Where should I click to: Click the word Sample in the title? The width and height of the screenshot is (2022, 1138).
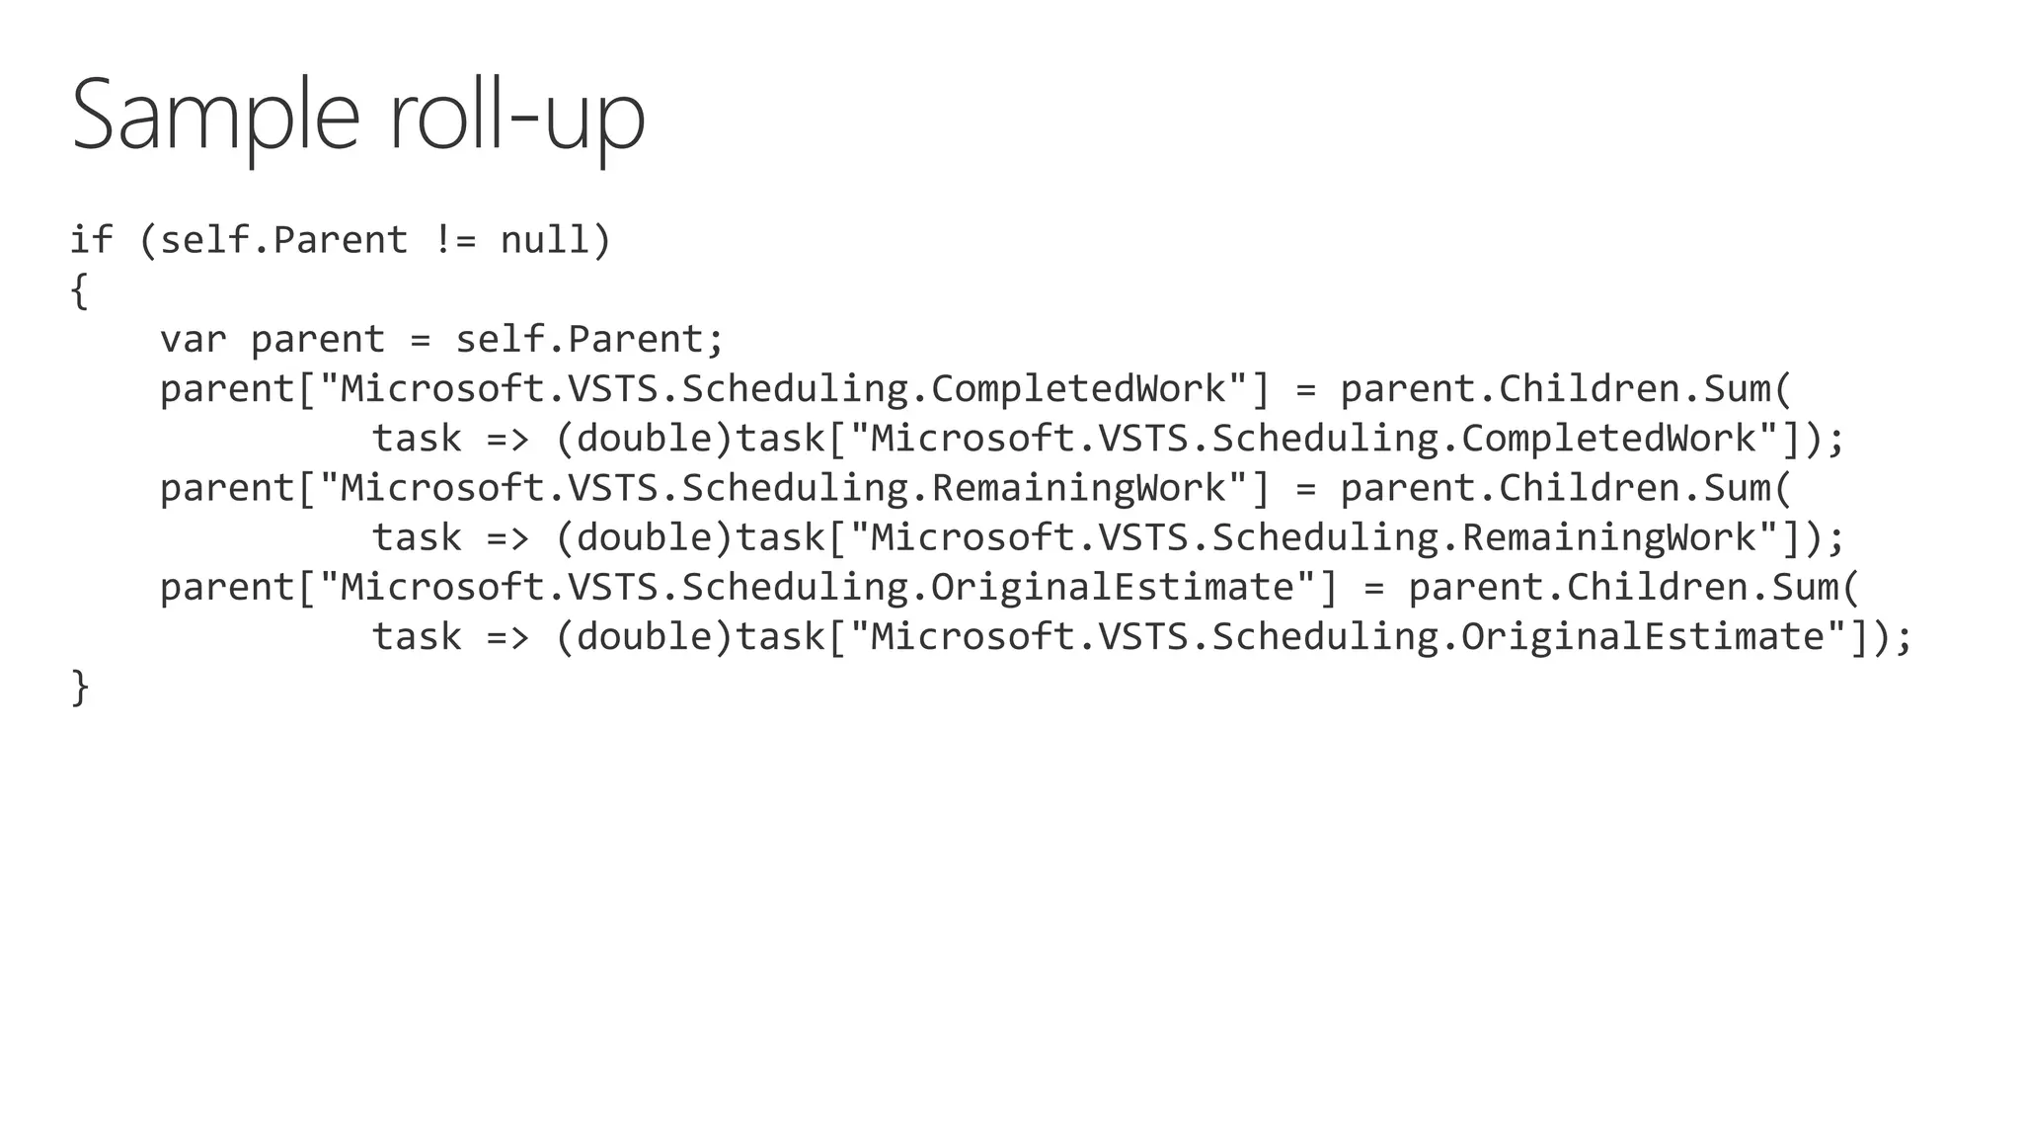tap(215, 116)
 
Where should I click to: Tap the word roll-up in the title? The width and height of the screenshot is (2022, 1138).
tap(517, 116)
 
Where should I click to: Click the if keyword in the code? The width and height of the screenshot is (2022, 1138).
tap(91, 240)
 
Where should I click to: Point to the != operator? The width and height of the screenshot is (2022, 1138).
tap(454, 240)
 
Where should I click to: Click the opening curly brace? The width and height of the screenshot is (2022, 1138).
tap(80, 290)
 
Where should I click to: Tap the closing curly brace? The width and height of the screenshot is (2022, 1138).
tap(80, 687)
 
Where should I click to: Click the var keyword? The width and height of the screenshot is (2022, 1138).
tap(194, 340)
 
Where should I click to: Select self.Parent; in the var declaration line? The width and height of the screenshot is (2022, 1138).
tap(590, 340)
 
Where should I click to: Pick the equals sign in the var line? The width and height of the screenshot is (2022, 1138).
tap(421, 340)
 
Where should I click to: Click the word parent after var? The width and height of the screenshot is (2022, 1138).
tap(318, 340)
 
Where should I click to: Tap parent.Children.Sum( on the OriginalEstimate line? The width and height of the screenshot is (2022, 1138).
tap(1634, 588)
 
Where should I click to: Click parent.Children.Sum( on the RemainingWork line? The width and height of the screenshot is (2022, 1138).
tap(1566, 489)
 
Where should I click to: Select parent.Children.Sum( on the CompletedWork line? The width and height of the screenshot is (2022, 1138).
tap(1566, 389)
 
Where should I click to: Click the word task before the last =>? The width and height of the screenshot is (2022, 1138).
tap(417, 637)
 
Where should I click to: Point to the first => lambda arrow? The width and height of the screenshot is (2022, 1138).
tap(507, 439)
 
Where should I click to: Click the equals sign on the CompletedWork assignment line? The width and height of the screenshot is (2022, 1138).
tap(1306, 389)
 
